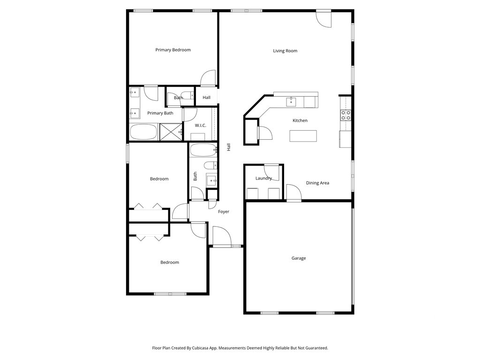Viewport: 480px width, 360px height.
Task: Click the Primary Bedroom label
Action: tap(173, 50)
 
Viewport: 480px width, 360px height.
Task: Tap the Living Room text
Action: tap(285, 51)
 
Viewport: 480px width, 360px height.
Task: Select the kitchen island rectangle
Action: tap(303, 136)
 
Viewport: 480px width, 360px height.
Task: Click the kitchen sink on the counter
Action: tap(291, 102)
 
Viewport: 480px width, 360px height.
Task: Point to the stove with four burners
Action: tap(346, 115)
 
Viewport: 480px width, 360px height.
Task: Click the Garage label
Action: tap(299, 258)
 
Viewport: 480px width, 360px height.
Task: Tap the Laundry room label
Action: tap(263, 178)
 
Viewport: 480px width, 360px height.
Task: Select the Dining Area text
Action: tap(317, 183)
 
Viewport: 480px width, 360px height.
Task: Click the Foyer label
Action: tap(224, 211)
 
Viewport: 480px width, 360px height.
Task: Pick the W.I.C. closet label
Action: tap(201, 126)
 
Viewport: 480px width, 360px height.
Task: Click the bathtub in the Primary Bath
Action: tap(143, 132)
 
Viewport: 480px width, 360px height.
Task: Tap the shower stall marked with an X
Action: tap(171, 132)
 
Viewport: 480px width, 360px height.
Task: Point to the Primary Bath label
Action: tap(160, 113)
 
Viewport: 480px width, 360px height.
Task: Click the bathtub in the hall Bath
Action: tap(203, 150)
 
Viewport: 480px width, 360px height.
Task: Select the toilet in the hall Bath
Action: tap(210, 165)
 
